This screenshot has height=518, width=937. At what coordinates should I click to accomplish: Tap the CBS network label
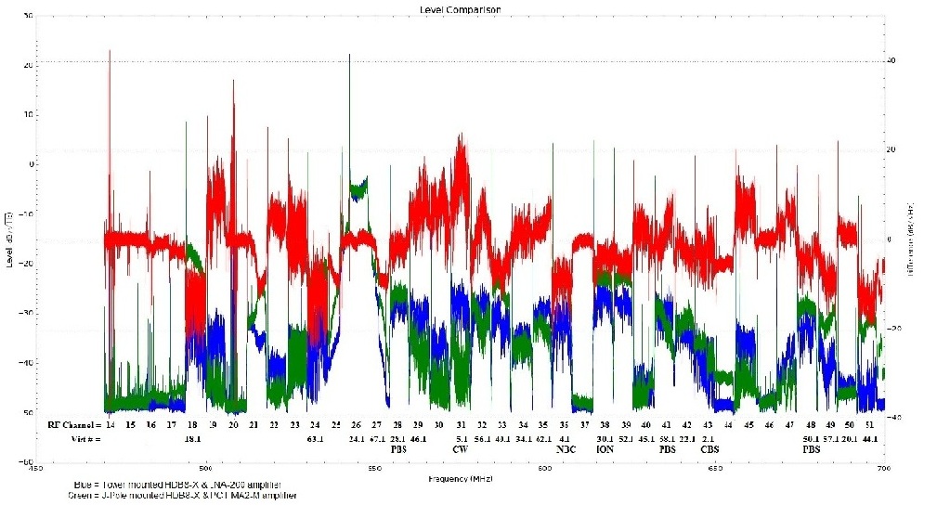(x=709, y=449)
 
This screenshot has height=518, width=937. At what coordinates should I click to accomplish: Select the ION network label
(x=605, y=449)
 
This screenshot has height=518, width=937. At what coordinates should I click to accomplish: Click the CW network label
(x=461, y=449)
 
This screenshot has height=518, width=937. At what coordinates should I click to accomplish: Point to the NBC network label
(x=566, y=449)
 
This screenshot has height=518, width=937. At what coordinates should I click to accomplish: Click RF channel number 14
(x=110, y=424)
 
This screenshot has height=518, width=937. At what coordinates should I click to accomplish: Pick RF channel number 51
(x=869, y=424)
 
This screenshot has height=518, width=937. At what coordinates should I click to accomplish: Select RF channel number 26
(x=357, y=424)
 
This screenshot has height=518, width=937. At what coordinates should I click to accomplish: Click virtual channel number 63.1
(x=316, y=437)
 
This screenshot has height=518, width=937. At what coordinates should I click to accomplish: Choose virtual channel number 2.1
(x=709, y=437)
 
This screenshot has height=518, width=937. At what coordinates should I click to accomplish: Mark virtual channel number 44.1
(x=869, y=437)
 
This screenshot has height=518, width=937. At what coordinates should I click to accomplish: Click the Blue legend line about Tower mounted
(x=176, y=486)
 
